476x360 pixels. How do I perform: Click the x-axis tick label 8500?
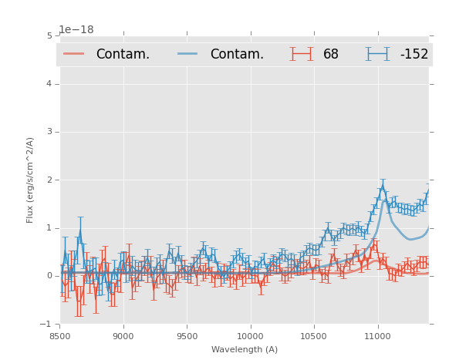(x=59, y=336)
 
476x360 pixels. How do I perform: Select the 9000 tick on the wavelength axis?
(x=123, y=336)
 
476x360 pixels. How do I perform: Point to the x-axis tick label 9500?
(x=187, y=336)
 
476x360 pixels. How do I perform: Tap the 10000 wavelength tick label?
(x=250, y=336)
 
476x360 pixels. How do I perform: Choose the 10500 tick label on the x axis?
(x=314, y=336)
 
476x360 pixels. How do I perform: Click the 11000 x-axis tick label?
(x=377, y=336)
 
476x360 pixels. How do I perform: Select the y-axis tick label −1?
(x=48, y=324)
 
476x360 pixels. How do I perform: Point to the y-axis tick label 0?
(x=49, y=276)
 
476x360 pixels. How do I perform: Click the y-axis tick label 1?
(x=49, y=228)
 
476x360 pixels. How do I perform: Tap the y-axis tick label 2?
(x=49, y=180)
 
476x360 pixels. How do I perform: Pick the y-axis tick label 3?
(x=49, y=132)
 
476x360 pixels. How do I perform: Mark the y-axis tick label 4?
(x=49, y=84)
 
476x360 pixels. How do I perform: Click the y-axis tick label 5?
(x=49, y=36)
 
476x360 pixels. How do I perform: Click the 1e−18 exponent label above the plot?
(x=76, y=30)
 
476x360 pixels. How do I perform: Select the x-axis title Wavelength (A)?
(x=245, y=349)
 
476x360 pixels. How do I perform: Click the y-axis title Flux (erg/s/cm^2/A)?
(x=31, y=180)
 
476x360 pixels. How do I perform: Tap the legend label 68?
(x=331, y=54)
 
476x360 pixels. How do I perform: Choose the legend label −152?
(x=414, y=54)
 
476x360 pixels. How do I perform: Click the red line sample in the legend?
(x=74, y=53)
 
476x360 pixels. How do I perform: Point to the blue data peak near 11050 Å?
(x=382, y=186)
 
